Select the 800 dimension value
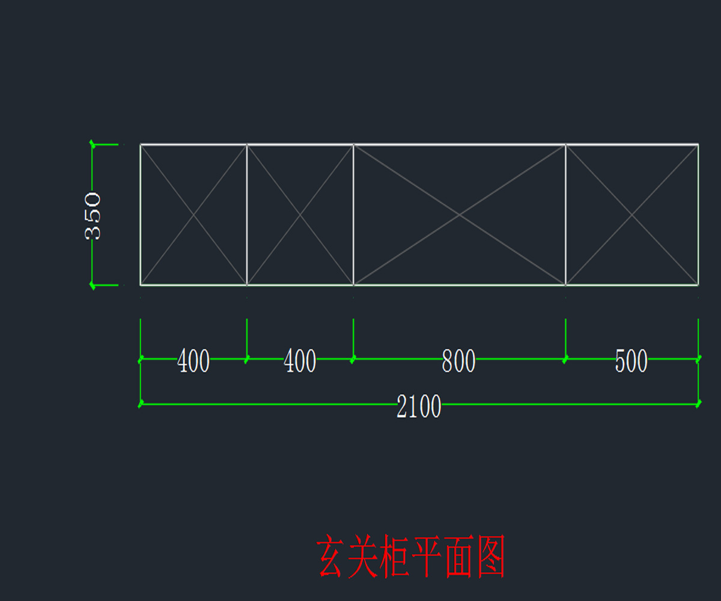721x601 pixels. pos(458,361)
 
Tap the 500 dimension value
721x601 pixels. pos(631,361)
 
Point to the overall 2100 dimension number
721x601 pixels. pos(419,407)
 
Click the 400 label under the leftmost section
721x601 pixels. pos(193,361)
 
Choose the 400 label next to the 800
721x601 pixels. pos(300,361)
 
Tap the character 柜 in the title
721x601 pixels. pos(395,557)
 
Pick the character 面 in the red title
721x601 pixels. pos(458,557)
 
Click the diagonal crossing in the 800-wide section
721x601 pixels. pos(460,215)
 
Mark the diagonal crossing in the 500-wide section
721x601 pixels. pos(631,215)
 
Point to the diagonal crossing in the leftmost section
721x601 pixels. pos(193,215)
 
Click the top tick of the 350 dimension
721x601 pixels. pos(92,144)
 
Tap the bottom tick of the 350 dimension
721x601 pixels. pos(92,285)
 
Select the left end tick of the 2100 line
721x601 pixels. pos(141,404)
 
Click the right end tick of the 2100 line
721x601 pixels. pos(698,404)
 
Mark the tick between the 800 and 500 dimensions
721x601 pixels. pos(565,359)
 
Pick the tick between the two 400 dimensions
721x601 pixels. pos(247,359)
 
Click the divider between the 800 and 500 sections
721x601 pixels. pos(565,215)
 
